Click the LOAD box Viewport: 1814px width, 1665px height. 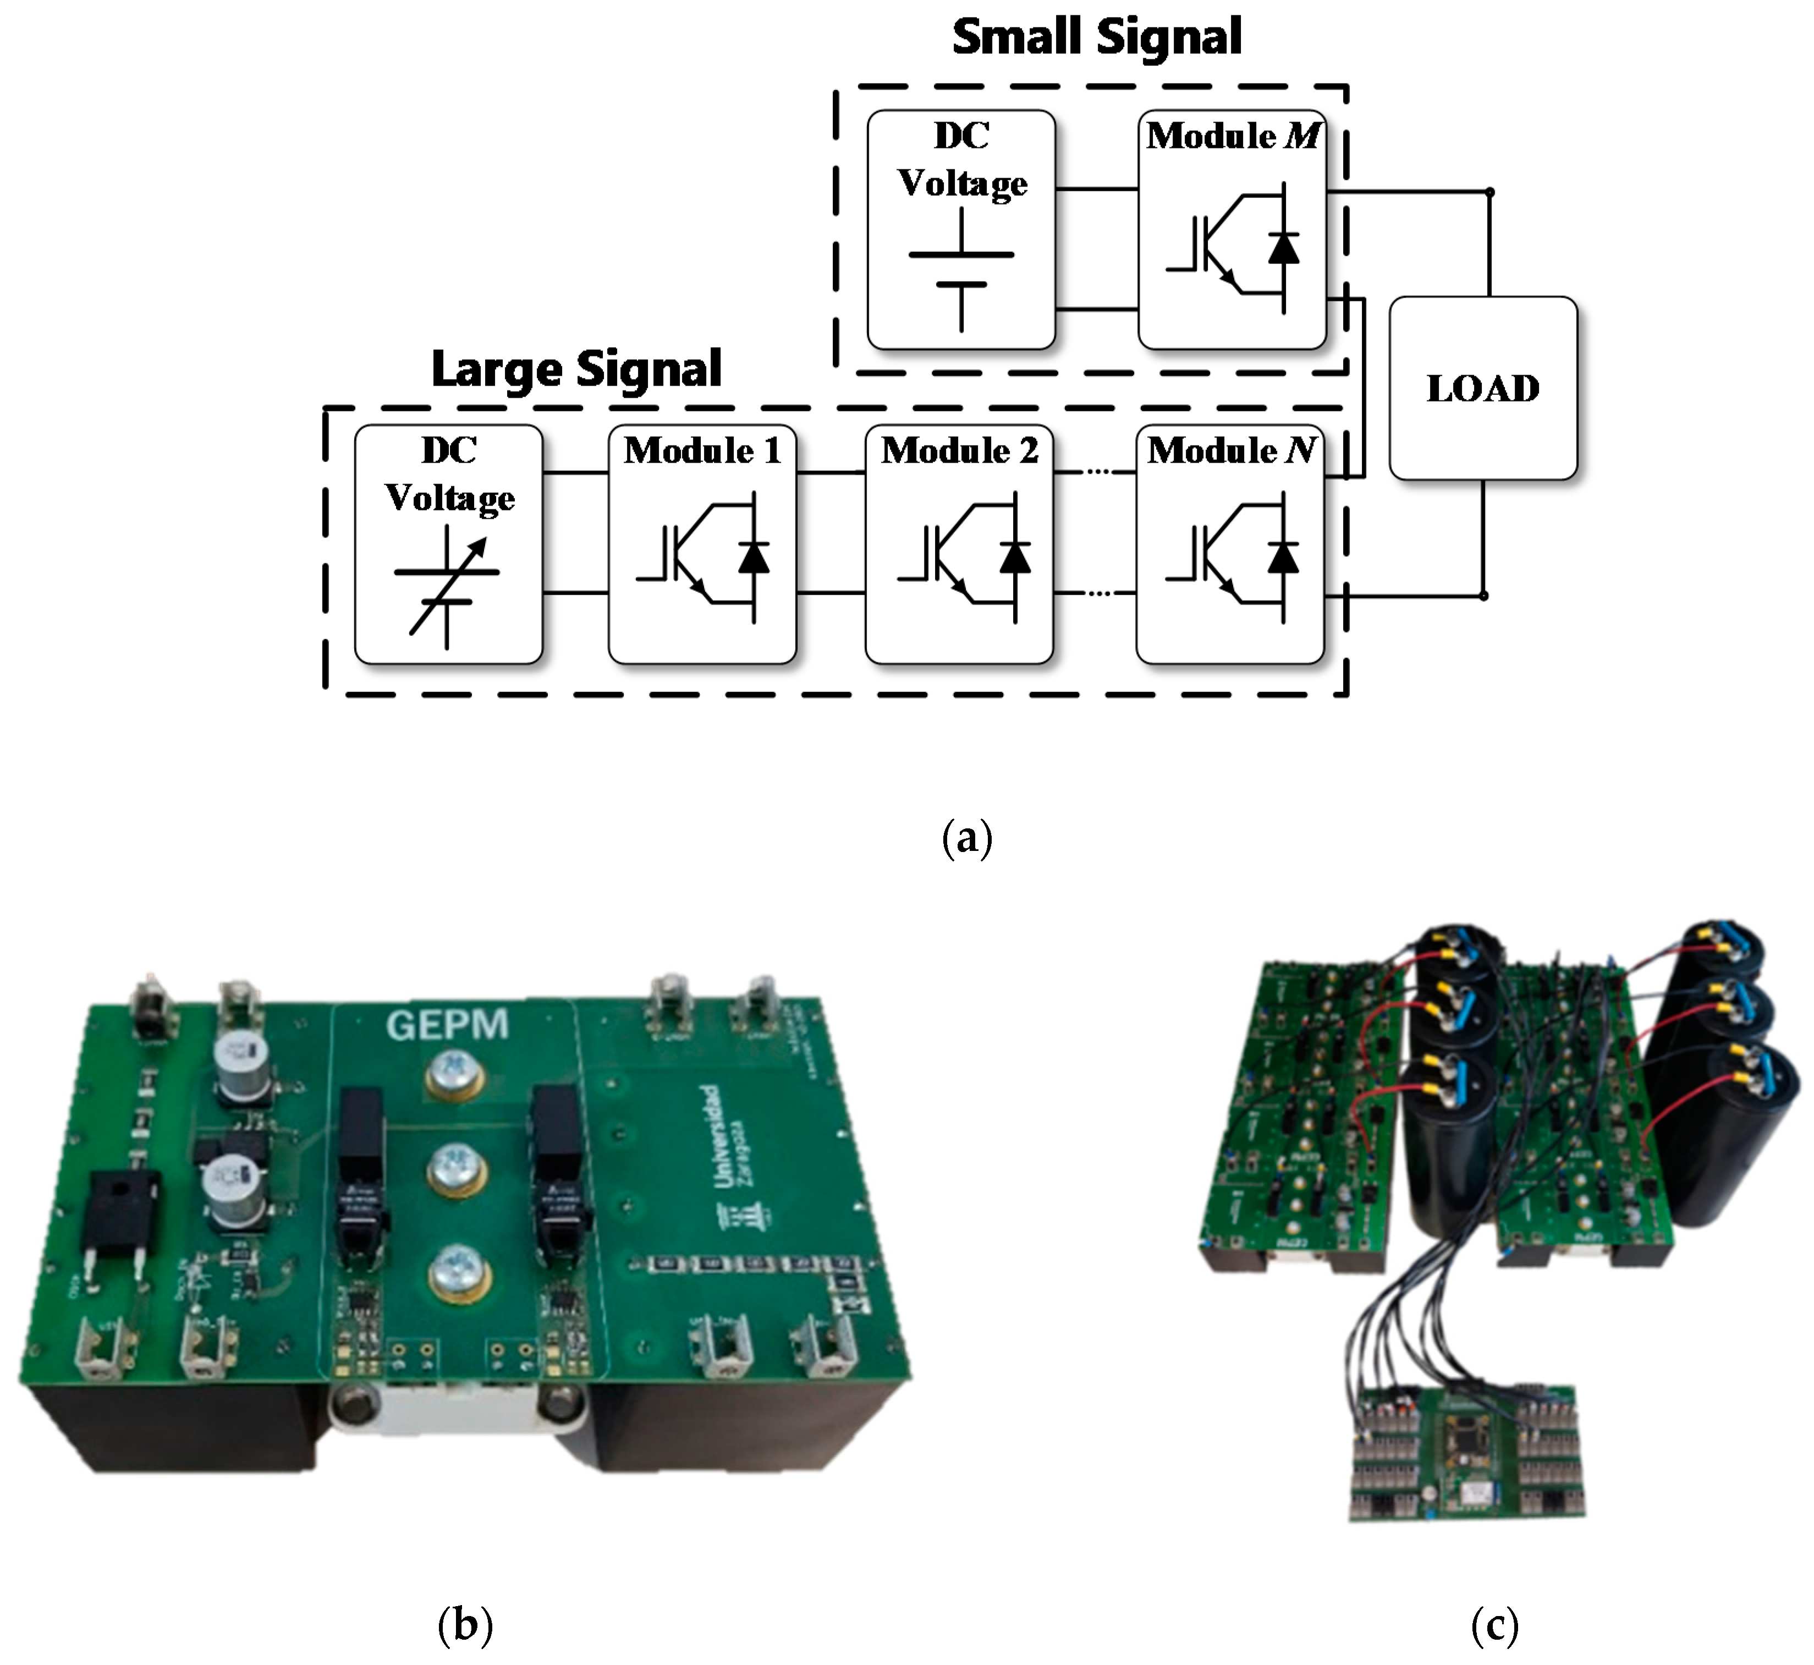click(x=1482, y=388)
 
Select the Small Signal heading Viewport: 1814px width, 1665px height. click(x=1097, y=38)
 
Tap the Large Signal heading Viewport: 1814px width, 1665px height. click(x=577, y=369)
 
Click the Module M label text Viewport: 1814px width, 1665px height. click(x=1232, y=136)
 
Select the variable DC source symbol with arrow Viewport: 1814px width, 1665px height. click(x=448, y=586)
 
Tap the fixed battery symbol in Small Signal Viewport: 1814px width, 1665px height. click(x=961, y=268)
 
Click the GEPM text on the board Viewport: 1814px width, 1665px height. click(x=447, y=1024)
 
